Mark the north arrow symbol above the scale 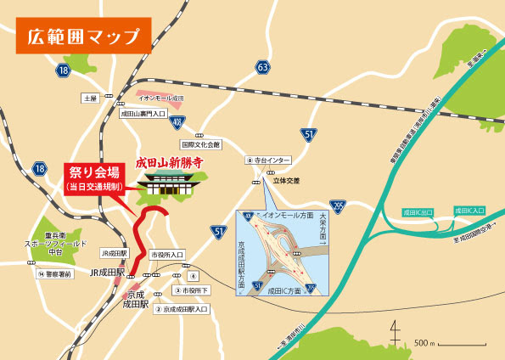[395, 329]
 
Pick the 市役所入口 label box [167, 254]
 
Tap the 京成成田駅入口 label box [181, 310]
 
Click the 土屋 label [91, 98]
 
